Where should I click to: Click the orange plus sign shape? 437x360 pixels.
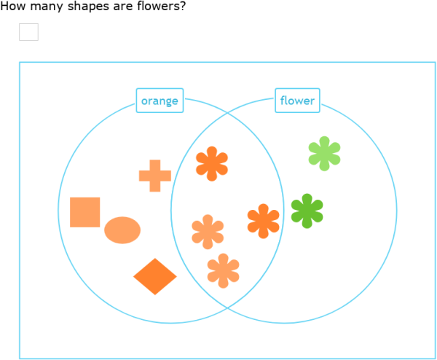(x=154, y=176)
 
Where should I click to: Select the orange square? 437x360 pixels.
(x=85, y=212)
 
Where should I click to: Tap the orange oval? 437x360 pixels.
(x=122, y=230)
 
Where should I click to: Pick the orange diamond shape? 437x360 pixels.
(x=155, y=276)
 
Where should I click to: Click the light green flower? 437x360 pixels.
(x=324, y=153)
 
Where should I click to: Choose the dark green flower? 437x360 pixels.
(x=307, y=211)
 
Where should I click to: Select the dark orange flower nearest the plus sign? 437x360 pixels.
(x=212, y=164)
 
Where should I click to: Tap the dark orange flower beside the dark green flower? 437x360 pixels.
(x=263, y=221)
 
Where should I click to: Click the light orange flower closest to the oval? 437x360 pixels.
(x=208, y=232)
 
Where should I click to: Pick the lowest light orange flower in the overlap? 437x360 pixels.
(x=223, y=270)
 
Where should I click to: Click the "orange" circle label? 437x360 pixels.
(x=160, y=101)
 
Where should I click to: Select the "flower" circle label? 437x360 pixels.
(x=297, y=101)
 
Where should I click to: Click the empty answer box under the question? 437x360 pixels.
(x=28, y=32)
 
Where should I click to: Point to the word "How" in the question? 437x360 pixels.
(x=12, y=7)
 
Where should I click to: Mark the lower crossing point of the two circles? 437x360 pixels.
(x=227, y=308)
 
